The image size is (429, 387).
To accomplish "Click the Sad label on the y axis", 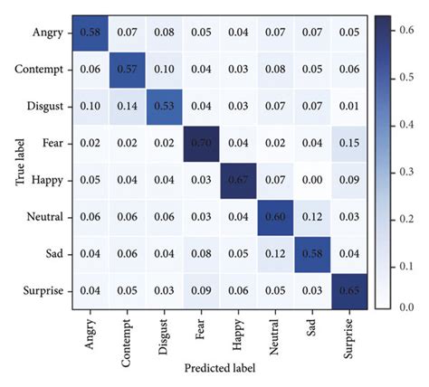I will coord(47,253).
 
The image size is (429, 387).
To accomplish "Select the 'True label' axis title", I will coord(10,161).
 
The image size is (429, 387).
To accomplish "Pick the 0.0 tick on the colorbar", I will coord(405,307).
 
